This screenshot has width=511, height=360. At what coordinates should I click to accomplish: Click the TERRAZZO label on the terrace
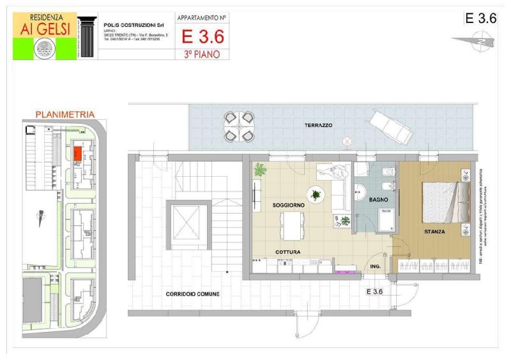[317, 126]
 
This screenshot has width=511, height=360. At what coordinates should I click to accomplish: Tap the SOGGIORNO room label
[288, 205]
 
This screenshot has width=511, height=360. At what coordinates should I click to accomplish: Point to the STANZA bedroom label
[434, 231]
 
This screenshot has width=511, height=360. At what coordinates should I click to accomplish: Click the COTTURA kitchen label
[288, 252]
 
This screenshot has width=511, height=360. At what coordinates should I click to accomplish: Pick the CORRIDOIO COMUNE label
[192, 294]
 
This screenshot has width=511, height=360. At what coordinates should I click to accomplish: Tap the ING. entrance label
[375, 266]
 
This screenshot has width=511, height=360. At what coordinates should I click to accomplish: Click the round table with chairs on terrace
[239, 126]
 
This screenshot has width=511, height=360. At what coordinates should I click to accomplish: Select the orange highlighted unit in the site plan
[77, 154]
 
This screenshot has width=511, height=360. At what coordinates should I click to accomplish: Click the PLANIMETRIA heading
[65, 114]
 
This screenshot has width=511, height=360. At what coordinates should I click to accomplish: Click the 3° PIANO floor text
[202, 54]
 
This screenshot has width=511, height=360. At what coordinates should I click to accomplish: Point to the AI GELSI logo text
[44, 31]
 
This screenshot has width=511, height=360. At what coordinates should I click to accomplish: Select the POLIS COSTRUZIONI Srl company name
[134, 26]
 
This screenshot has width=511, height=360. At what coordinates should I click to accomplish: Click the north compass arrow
[472, 41]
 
